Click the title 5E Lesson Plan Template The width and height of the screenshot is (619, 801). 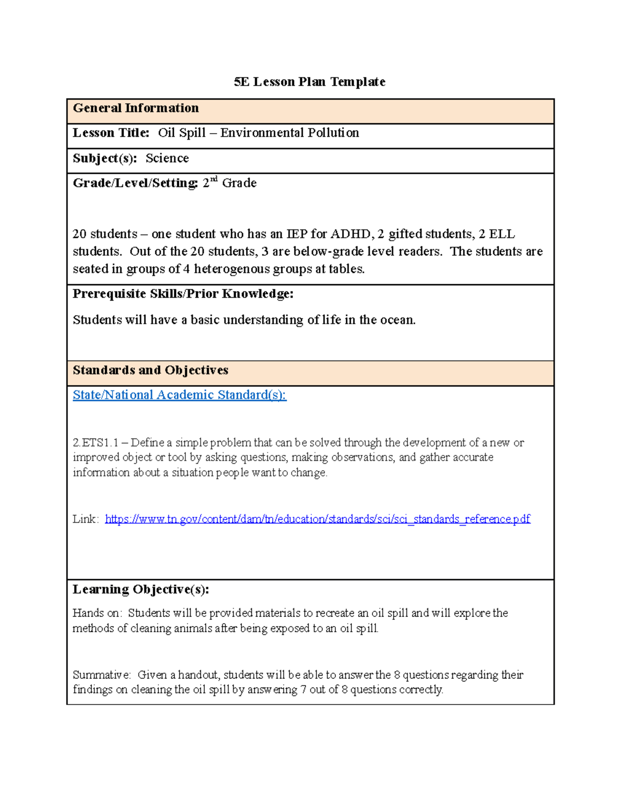pyautogui.click(x=309, y=82)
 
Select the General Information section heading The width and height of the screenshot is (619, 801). pyautogui.click(x=136, y=108)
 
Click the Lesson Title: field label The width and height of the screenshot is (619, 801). pyautogui.click(x=111, y=133)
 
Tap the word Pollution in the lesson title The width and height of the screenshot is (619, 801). pyautogui.click(x=333, y=133)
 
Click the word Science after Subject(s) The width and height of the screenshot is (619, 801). pyautogui.click(x=167, y=158)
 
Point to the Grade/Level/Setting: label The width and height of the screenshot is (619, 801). pyautogui.click(x=135, y=184)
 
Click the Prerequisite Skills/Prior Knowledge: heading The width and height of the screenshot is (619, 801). pyautogui.click(x=183, y=294)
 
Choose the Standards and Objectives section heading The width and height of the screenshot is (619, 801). pyautogui.click(x=151, y=370)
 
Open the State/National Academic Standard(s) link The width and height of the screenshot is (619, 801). pyautogui.click(x=180, y=395)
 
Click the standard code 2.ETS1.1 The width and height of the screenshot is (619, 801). pyautogui.click(x=96, y=443)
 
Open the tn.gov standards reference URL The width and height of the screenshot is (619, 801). pyautogui.click(x=317, y=519)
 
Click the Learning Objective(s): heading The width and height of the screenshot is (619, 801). pyautogui.click(x=141, y=590)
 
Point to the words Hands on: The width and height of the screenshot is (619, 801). pyautogui.click(x=97, y=613)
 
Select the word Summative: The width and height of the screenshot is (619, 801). pyautogui.click(x=102, y=675)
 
